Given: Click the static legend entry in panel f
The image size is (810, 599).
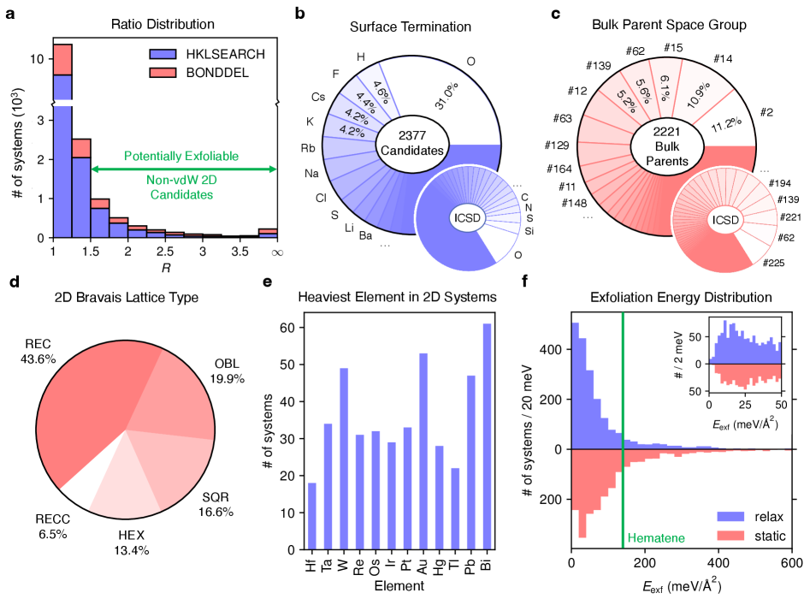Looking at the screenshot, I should point(751,537).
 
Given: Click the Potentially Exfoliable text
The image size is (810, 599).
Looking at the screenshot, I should point(180,157).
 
